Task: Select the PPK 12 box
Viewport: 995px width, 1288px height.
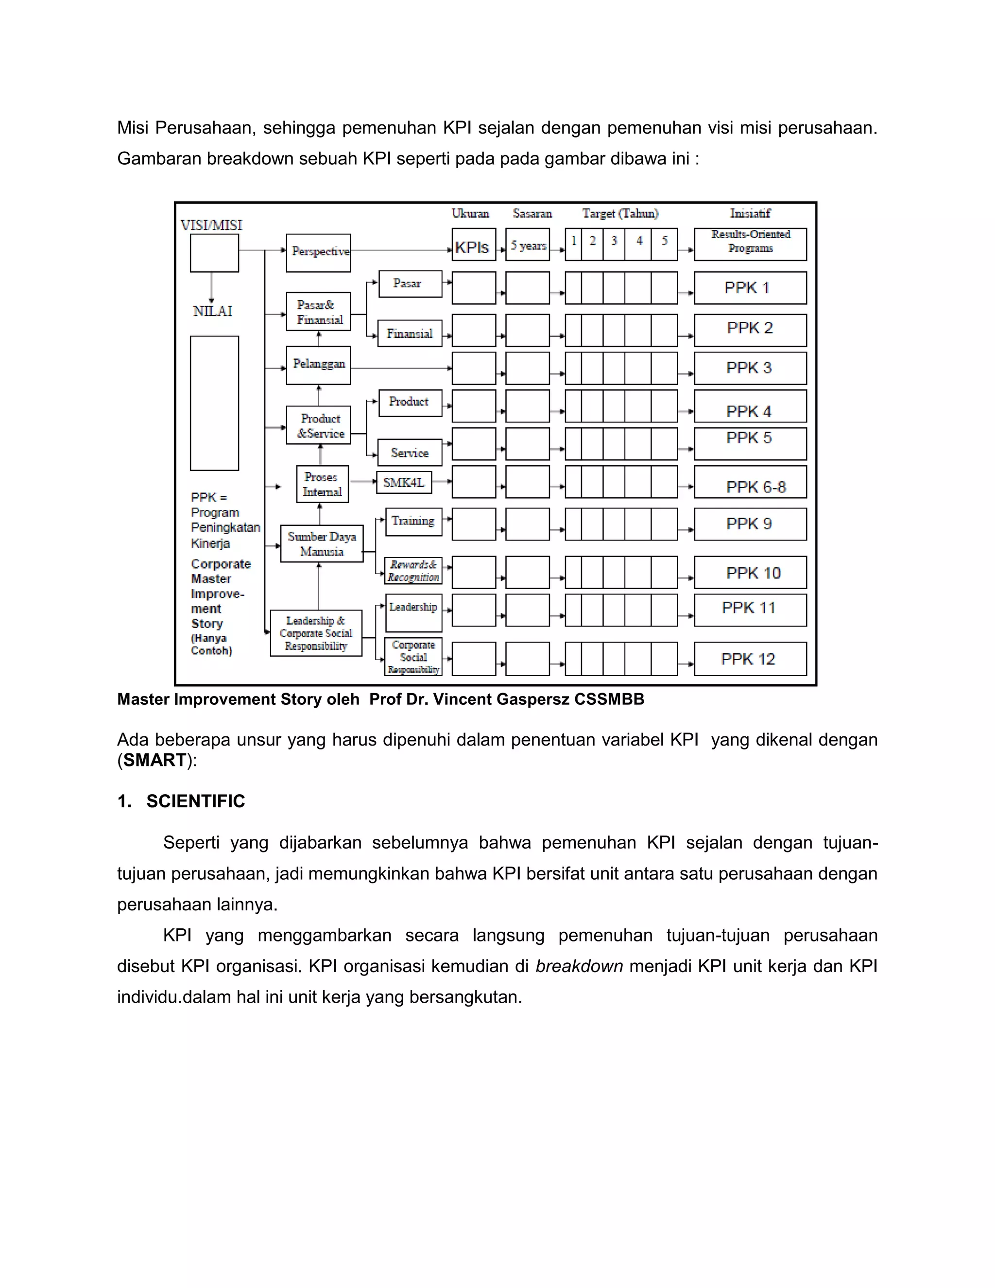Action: click(750, 659)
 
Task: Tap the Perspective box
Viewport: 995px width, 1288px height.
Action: click(318, 252)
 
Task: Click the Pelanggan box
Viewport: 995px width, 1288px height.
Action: click(318, 365)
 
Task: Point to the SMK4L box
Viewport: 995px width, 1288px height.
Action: click(404, 483)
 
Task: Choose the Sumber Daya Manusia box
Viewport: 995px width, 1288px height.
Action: click(321, 544)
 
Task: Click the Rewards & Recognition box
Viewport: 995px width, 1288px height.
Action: click(413, 571)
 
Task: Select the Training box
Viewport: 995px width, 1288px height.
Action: click(413, 522)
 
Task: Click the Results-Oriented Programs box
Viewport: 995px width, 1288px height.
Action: click(750, 244)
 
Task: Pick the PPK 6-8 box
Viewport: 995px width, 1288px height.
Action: click(750, 483)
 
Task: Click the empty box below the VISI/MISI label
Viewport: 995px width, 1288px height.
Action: click(214, 253)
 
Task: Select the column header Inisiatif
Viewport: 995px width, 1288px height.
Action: click(750, 213)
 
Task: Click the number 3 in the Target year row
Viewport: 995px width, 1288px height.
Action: click(614, 241)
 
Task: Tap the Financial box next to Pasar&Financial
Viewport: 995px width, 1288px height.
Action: click(410, 334)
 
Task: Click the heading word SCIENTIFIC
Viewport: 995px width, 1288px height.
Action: click(196, 801)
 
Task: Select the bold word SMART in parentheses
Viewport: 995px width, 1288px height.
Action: click(155, 760)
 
